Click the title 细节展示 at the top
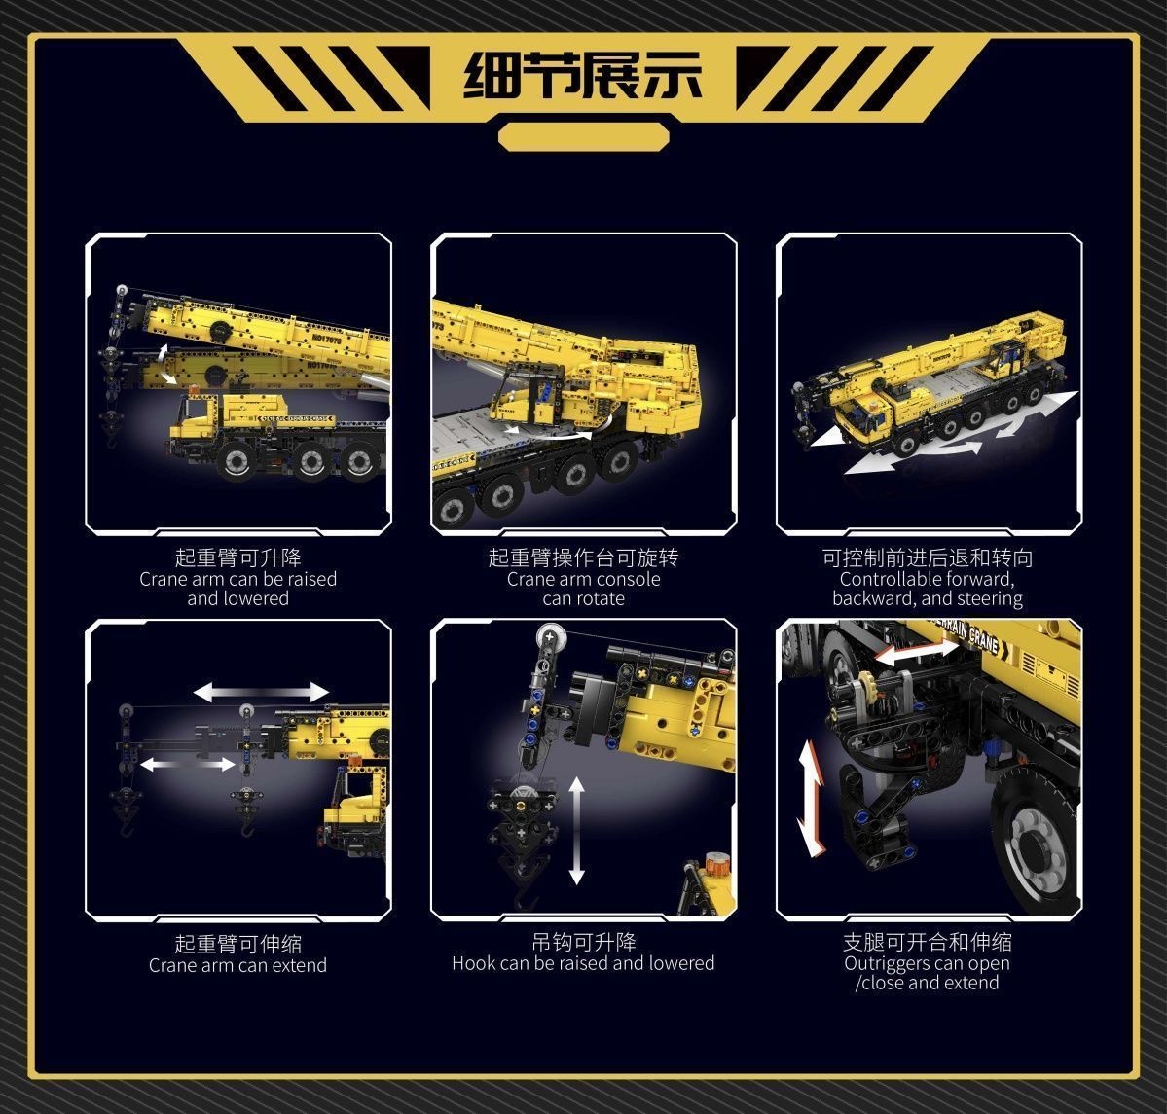(x=582, y=75)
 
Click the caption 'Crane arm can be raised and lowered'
(x=238, y=589)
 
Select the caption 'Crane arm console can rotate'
(x=584, y=589)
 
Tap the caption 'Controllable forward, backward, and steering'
(x=928, y=589)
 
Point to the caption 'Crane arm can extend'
(x=238, y=965)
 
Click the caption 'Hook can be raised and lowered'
(x=583, y=963)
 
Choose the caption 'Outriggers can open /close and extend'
(x=928, y=973)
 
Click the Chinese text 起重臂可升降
(x=238, y=557)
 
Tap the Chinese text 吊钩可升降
(x=584, y=942)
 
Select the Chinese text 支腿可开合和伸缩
(x=928, y=942)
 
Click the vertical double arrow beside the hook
(x=577, y=831)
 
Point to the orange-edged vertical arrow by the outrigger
(x=811, y=798)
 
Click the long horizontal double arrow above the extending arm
(x=261, y=693)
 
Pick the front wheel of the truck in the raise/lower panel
(x=237, y=461)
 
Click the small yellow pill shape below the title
(x=584, y=137)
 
